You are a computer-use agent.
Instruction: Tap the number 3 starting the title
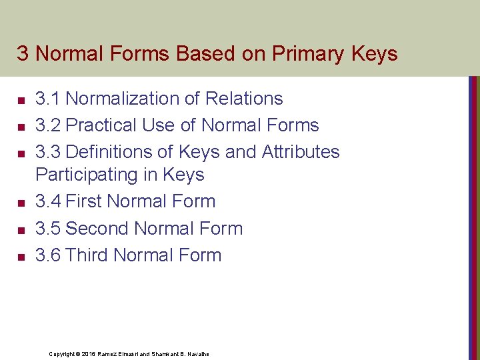pos(22,54)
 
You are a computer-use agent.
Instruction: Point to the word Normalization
pos(123,99)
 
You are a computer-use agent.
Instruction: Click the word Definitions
pos(110,152)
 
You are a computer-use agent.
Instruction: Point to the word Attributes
pos(300,152)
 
